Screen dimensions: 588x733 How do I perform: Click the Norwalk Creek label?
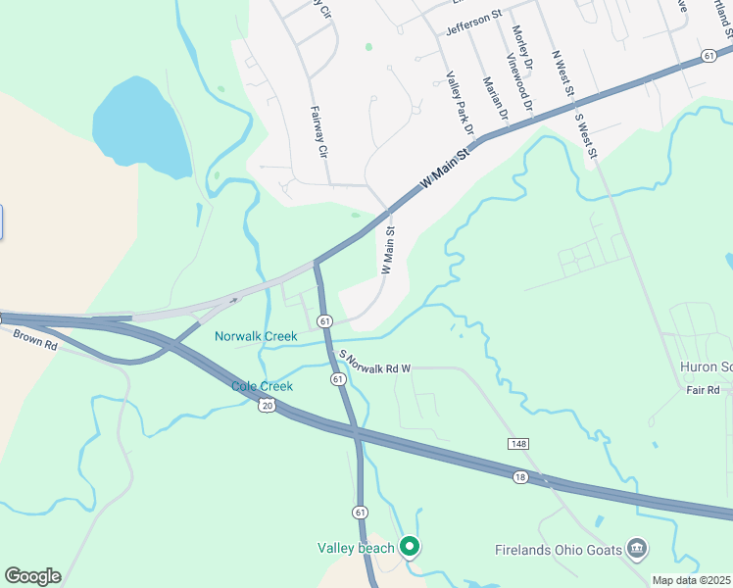click(x=256, y=336)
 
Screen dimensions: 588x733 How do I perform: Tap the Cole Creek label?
click(x=262, y=386)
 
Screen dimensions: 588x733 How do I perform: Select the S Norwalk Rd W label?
click(x=374, y=362)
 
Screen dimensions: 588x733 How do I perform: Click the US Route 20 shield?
click(x=267, y=405)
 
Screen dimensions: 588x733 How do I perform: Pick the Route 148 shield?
click(x=517, y=445)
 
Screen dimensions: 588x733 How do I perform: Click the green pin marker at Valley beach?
click(x=410, y=547)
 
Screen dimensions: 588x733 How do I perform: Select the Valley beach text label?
click(x=356, y=548)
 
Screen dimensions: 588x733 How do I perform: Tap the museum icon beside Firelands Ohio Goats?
click(x=637, y=547)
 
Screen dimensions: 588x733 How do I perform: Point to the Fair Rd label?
click(x=703, y=390)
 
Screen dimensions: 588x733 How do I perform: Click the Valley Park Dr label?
click(x=460, y=103)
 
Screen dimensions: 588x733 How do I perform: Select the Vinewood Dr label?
click(x=519, y=82)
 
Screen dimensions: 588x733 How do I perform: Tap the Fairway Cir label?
click(x=318, y=132)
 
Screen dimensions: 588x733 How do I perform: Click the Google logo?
click(x=32, y=576)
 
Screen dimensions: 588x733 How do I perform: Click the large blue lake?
click(x=142, y=122)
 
